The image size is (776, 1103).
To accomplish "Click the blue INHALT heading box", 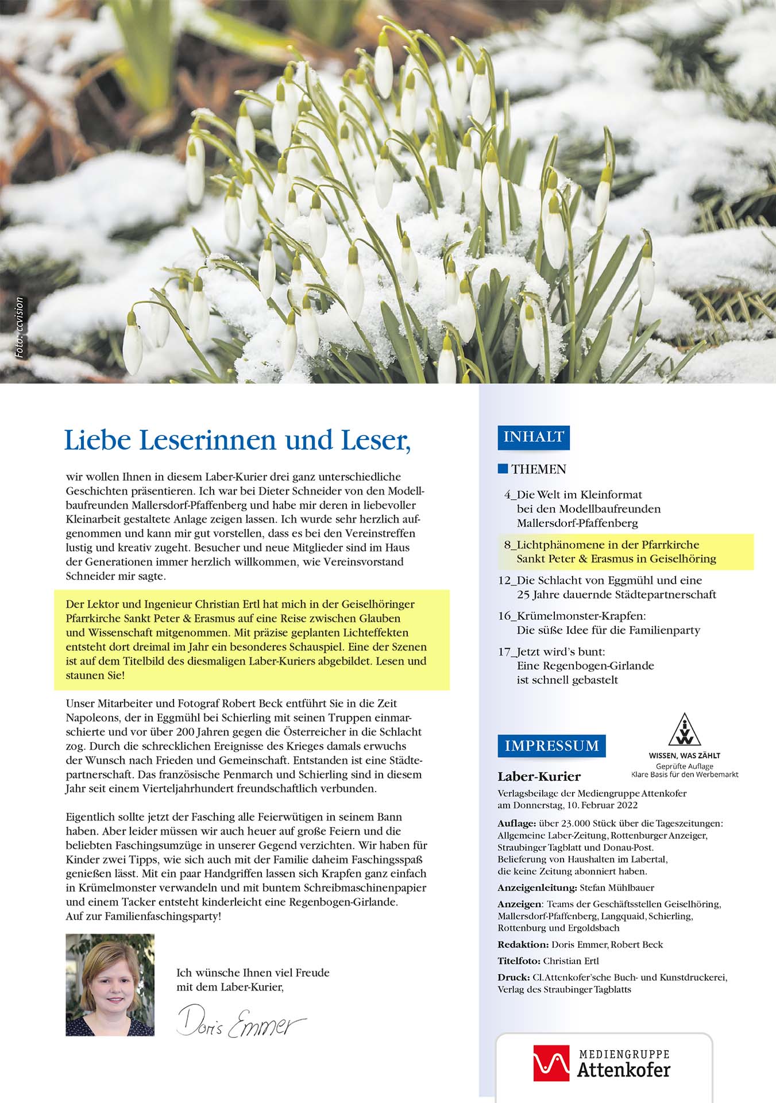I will pyautogui.click(x=533, y=437).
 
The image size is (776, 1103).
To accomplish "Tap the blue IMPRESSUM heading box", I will pyautogui.click(x=551, y=746).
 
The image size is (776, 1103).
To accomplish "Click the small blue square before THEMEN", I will pyautogui.click(x=503, y=469).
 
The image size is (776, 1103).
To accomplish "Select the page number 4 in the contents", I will pyautogui.click(x=507, y=495).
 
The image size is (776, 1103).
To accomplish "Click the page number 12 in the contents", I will pyautogui.click(x=504, y=580).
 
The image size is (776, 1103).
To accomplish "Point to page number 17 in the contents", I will pyautogui.click(x=504, y=651).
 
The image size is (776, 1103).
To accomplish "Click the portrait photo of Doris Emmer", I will pyautogui.click(x=110, y=985).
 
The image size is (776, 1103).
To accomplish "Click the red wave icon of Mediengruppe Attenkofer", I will pyautogui.click(x=551, y=1063).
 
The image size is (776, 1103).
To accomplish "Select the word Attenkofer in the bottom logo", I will pyautogui.click(x=623, y=1070).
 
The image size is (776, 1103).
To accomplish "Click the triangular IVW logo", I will pyautogui.click(x=684, y=730).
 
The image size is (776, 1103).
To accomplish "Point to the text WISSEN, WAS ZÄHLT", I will pyautogui.click(x=684, y=755).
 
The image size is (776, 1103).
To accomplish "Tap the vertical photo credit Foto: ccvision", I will pyautogui.click(x=20, y=327).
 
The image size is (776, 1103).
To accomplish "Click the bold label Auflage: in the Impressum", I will pyautogui.click(x=516, y=823).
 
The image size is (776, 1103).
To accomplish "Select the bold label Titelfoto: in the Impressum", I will pyautogui.click(x=519, y=961).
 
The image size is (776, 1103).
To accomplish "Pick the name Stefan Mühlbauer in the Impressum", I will pyautogui.click(x=617, y=888).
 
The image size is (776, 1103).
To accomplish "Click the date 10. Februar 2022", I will pyautogui.click(x=601, y=805).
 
